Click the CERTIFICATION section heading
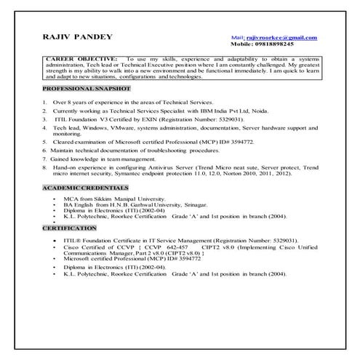(71, 228)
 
